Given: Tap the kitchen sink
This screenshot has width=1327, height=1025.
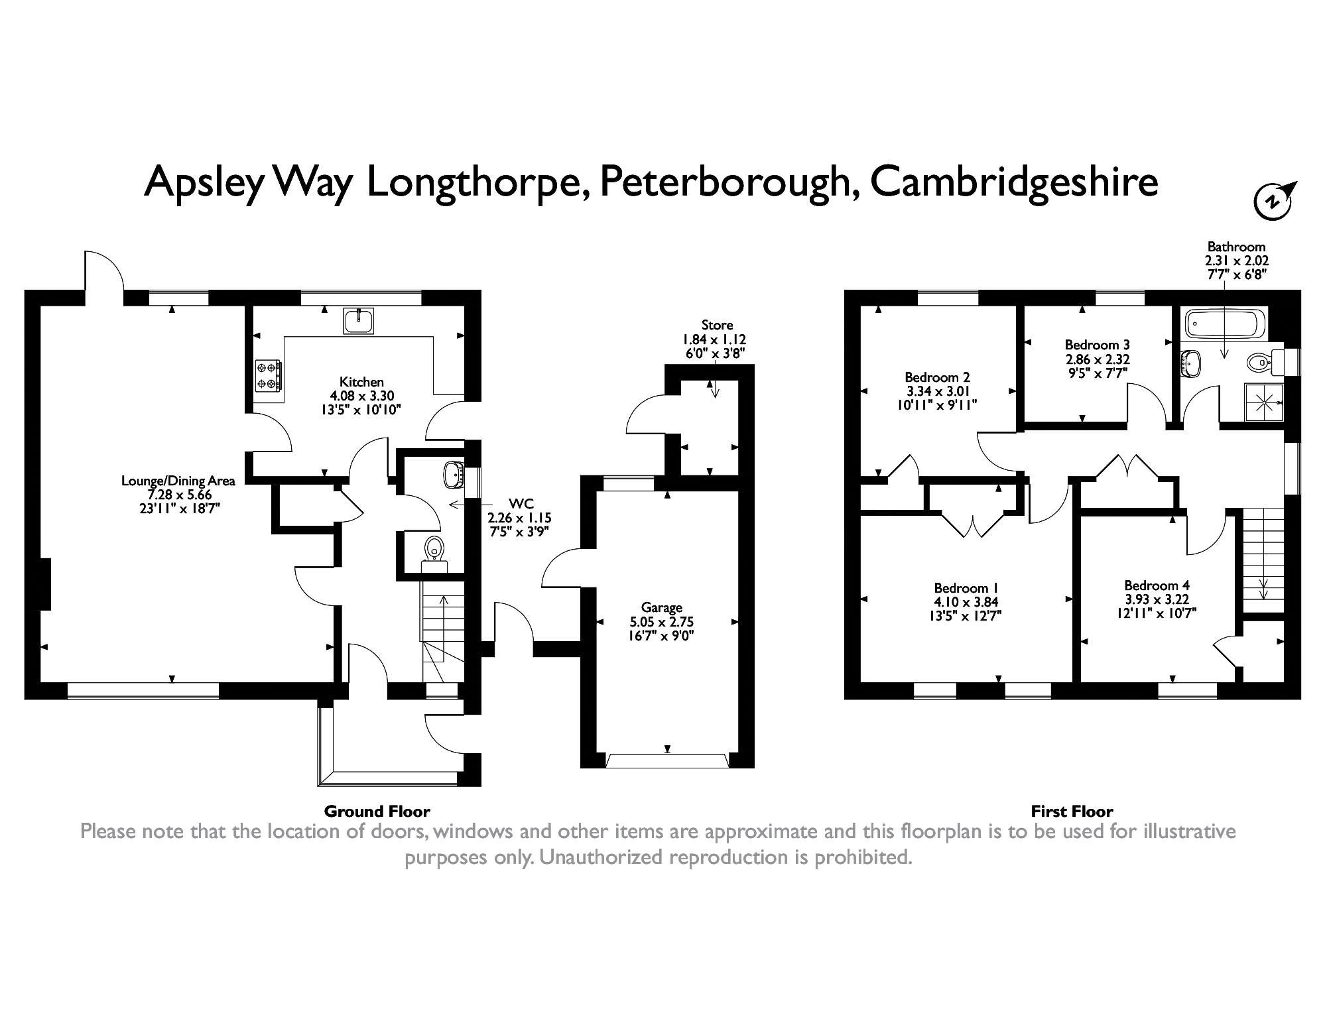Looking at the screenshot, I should tap(359, 321).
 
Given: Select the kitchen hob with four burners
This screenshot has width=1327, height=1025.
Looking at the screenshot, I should tap(268, 375).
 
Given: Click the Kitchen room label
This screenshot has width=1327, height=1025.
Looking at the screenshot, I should tap(361, 382).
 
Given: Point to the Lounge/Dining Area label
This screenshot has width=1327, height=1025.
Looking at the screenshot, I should tap(178, 481).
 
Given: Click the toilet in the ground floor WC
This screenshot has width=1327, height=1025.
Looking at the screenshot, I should tap(434, 550).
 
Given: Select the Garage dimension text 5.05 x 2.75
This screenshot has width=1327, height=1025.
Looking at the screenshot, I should tap(661, 622).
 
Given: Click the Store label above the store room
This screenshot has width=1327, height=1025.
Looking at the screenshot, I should tap(717, 325).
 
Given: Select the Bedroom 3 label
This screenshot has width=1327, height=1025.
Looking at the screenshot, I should tap(1097, 345).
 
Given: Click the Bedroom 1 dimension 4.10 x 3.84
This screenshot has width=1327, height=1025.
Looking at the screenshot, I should tap(966, 602).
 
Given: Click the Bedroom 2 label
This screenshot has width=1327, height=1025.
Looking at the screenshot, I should tap(939, 377).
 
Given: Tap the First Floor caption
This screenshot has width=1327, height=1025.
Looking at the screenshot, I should tap(1072, 811).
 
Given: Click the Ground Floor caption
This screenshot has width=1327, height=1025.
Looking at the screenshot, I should tap(377, 811).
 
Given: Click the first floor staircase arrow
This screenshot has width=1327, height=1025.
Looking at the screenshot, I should tap(1263, 587).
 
